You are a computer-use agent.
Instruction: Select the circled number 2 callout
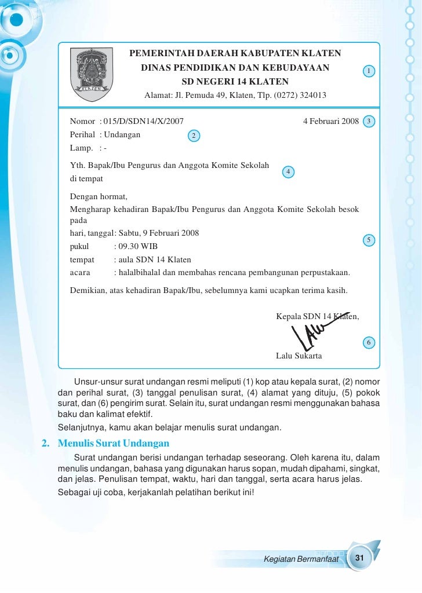[x=194, y=136]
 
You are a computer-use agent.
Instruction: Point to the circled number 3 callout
[x=369, y=121]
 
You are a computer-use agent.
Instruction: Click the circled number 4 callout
[x=288, y=172]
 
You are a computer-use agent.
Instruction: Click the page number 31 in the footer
[x=359, y=558]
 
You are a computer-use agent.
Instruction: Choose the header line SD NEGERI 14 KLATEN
[x=235, y=81]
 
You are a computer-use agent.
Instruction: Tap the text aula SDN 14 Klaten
[x=154, y=259]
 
